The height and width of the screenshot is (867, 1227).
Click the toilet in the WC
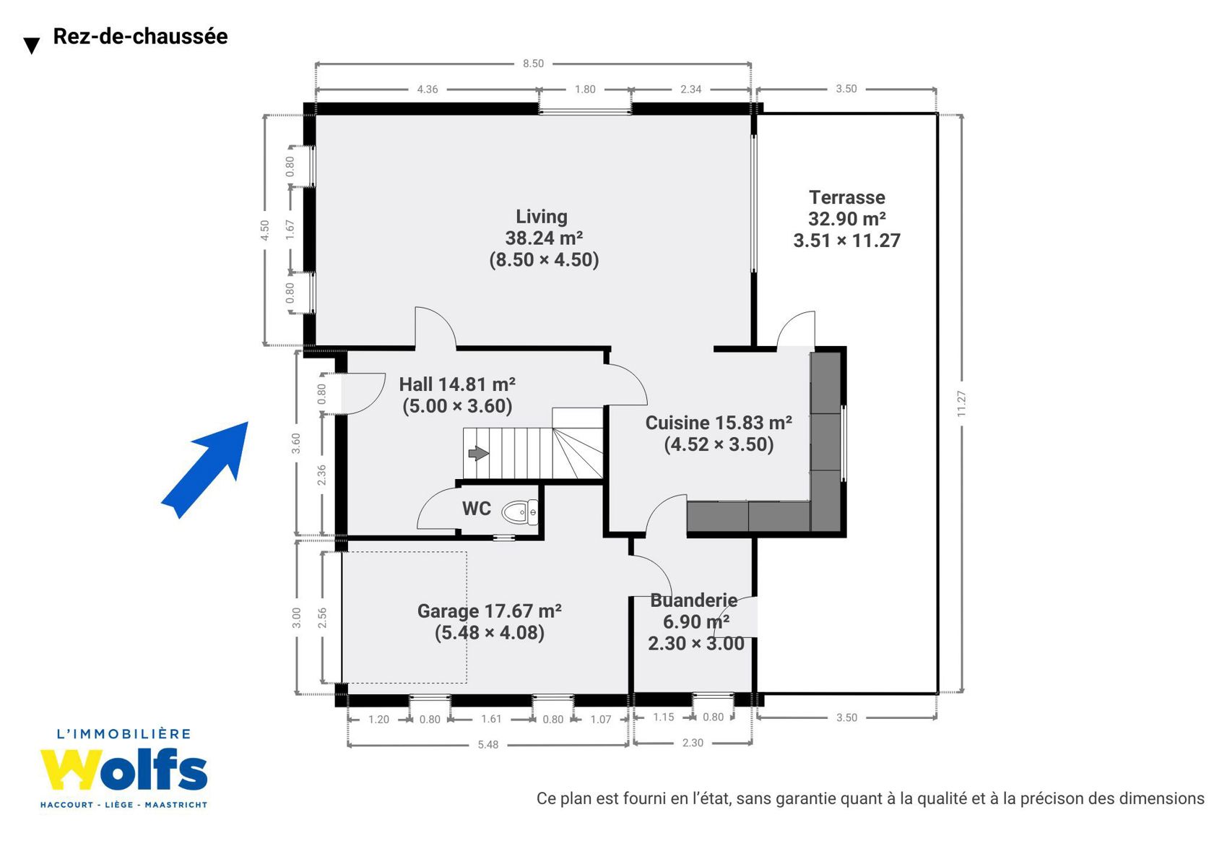tap(520, 512)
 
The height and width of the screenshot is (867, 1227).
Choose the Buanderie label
tap(693, 600)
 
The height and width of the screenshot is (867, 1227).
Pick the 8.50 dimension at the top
tap(533, 64)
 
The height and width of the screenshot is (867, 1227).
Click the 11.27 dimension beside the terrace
tap(961, 403)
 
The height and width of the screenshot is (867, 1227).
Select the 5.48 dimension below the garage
tap(488, 744)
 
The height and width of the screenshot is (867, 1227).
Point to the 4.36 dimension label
tap(428, 90)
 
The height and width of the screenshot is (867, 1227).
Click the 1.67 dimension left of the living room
tap(290, 230)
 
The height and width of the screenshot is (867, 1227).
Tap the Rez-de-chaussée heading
tap(140, 36)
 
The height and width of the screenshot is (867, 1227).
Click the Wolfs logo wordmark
tap(124, 769)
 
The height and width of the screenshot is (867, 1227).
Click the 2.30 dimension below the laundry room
tap(693, 743)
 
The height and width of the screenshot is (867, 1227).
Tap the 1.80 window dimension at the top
tap(585, 90)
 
